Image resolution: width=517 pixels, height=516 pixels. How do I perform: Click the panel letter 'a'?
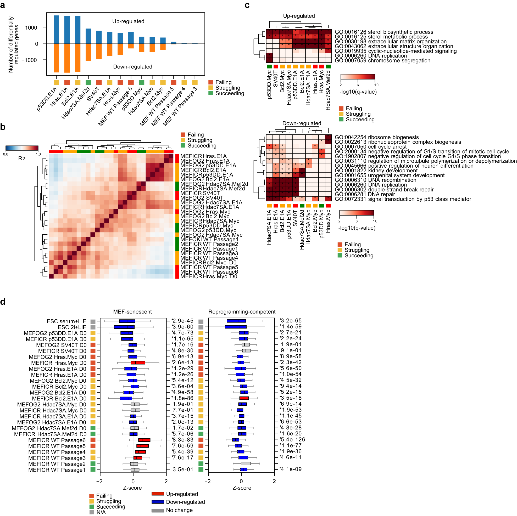pos(3,5)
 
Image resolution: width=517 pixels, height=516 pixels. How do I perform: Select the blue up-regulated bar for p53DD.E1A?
pos(56,29)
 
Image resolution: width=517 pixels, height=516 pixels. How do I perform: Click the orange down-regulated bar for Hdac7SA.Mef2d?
pos(88,52)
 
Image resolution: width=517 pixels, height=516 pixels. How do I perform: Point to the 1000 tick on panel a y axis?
pos(31,28)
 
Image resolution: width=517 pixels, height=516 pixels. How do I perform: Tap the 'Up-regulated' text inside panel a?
pos(128,21)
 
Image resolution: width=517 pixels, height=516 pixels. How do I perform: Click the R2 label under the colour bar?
pos(21,158)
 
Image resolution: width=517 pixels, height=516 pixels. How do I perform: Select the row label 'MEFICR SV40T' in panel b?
pos(200,193)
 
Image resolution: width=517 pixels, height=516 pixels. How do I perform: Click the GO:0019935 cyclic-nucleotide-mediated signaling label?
pos(396,51)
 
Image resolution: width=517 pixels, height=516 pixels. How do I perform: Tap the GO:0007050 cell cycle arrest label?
pos(370,147)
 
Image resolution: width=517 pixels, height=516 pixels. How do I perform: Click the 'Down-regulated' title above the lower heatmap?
pos(302,123)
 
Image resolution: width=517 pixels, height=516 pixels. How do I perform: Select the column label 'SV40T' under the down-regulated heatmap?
pos(295,218)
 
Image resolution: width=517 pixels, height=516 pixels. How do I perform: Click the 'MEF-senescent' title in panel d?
pos(132,311)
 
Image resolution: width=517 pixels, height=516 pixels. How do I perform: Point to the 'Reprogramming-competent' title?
pos(242,311)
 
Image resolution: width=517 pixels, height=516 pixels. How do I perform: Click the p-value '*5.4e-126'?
pos(292,440)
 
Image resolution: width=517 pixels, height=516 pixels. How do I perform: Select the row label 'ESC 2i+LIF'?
pos(72,327)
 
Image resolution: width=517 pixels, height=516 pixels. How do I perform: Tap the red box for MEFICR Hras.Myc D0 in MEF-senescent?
pos(138,363)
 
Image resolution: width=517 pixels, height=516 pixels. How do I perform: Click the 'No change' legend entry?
pos(179,510)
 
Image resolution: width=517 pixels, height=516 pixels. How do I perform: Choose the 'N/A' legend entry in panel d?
pos(101,512)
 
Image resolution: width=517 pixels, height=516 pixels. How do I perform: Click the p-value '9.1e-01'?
pos(291,350)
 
